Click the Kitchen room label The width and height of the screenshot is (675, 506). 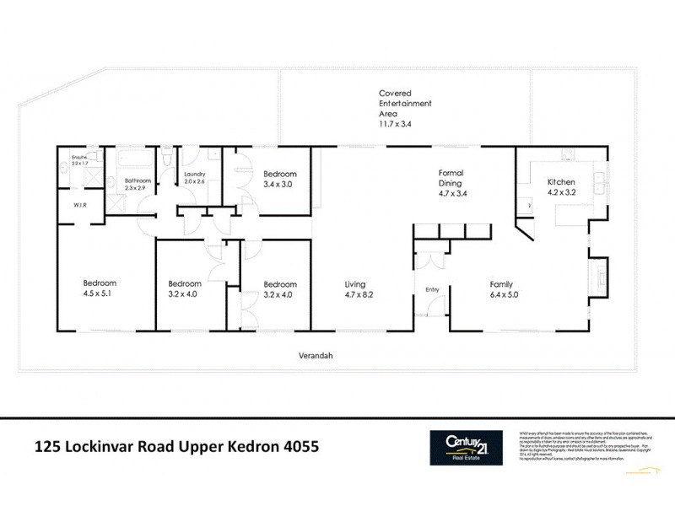[561, 181]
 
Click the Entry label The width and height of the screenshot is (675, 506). [432, 289]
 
